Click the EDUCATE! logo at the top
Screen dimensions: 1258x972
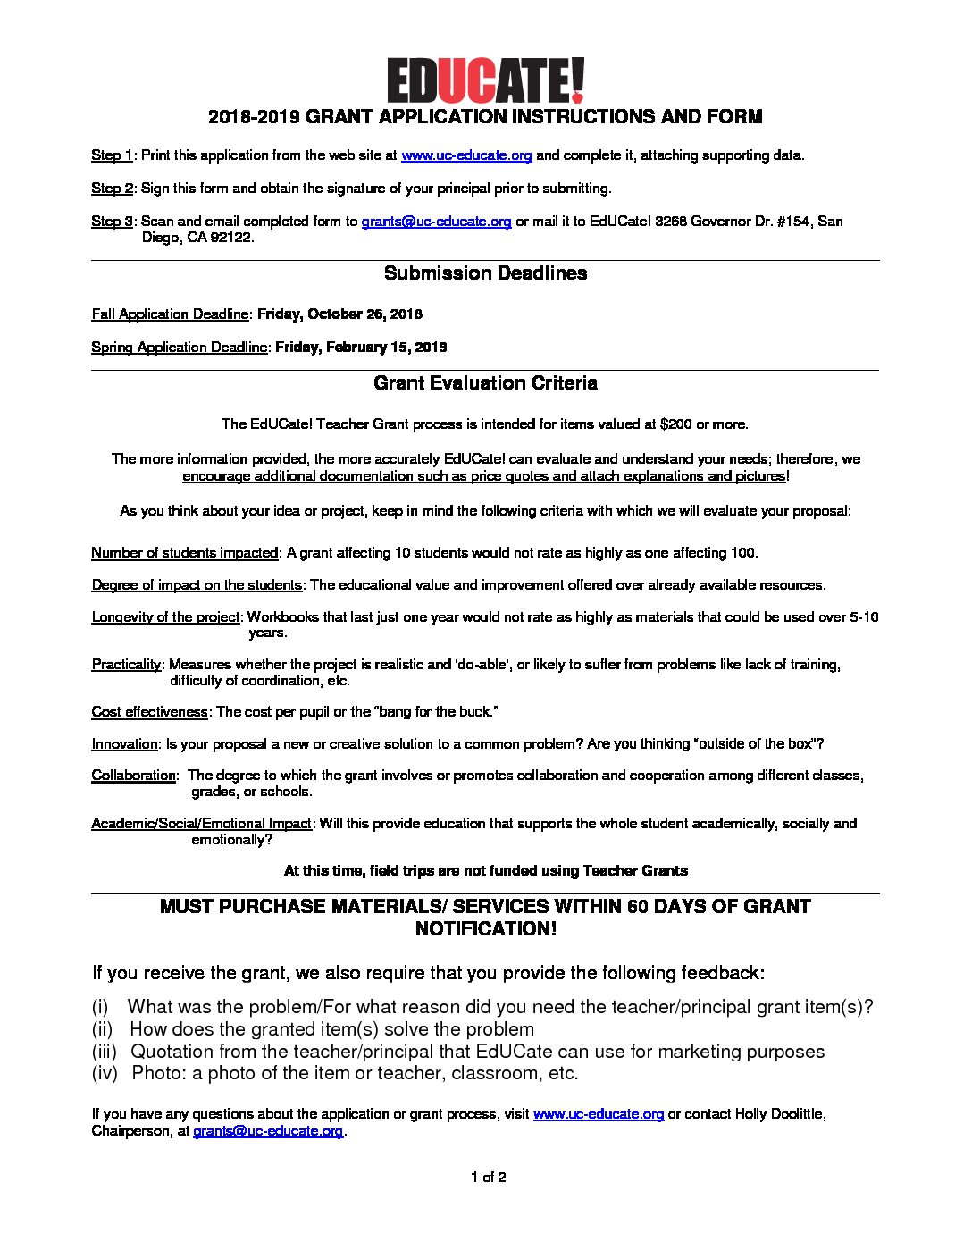pyautogui.click(x=485, y=80)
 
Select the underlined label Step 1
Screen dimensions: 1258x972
pyautogui.click(x=112, y=155)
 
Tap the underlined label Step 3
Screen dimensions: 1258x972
pyautogui.click(x=112, y=222)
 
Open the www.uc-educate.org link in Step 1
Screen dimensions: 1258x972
pyautogui.click(x=466, y=155)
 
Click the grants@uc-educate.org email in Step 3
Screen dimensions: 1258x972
pyautogui.click(x=436, y=222)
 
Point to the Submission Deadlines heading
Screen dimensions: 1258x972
pyautogui.click(x=485, y=273)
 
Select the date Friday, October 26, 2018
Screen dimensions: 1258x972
pyautogui.click(x=339, y=314)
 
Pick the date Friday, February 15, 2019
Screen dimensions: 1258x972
pyautogui.click(x=361, y=348)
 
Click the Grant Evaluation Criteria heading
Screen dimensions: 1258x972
pyautogui.click(x=485, y=383)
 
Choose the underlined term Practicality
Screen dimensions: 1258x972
pyautogui.click(x=126, y=665)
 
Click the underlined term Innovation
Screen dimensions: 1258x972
pyautogui.click(x=124, y=744)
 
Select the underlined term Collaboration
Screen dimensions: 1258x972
pyautogui.click(x=133, y=776)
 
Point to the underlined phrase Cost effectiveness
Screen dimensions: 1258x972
pyautogui.click(x=149, y=712)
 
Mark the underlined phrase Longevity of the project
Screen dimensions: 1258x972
pyautogui.click(x=165, y=617)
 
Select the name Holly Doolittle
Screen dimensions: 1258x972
pyautogui.click(x=778, y=1114)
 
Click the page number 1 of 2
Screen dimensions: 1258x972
pyautogui.click(x=489, y=1178)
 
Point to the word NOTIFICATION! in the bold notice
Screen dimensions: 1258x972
pyautogui.click(x=485, y=929)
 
